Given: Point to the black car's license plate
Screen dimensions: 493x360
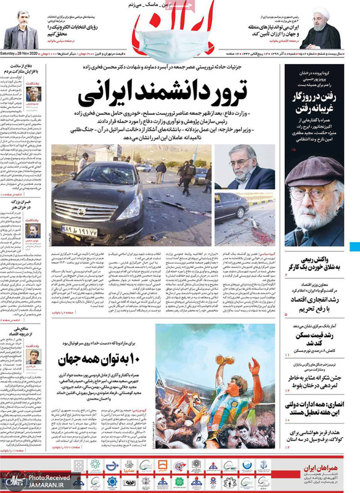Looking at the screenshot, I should pos(80,230).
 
